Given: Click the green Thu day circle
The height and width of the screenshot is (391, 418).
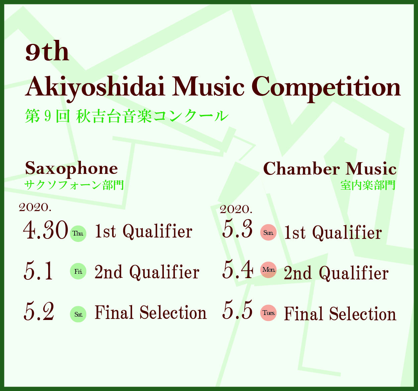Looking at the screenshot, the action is click(78, 234).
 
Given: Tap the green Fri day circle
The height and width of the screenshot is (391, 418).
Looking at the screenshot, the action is click(78, 271).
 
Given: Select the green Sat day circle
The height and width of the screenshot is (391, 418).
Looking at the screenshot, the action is click(78, 314).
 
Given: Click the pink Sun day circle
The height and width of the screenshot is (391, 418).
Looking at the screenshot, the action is click(268, 233).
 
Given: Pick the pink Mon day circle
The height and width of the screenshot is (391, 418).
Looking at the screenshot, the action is click(268, 269).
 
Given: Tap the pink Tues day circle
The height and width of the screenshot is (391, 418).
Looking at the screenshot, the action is click(268, 313).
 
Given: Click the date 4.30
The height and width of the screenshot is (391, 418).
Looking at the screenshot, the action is click(46, 230).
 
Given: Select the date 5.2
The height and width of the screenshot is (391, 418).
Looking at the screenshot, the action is click(39, 311).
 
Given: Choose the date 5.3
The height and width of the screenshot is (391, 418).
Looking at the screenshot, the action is click(237, 229).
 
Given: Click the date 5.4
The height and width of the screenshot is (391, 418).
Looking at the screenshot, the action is click(238, 269).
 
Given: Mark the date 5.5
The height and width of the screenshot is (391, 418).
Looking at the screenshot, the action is click(237, 310).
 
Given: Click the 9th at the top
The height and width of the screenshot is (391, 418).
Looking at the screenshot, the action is click(47, 51).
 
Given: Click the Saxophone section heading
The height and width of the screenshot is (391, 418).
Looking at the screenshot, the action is click(71, 169).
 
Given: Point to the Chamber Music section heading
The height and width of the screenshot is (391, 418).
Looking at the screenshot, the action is click(330, 169).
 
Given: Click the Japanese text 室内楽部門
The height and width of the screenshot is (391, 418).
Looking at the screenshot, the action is click(368, 185).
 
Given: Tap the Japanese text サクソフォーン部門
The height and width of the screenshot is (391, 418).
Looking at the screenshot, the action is click(74, 185).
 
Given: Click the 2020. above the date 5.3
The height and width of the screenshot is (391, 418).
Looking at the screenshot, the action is click(236, 210).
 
